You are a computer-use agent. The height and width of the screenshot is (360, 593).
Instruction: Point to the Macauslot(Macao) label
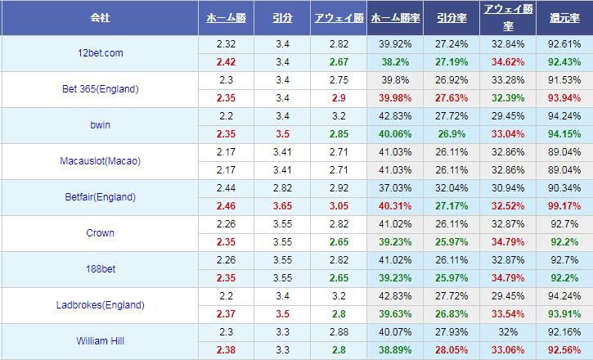click(101, 161)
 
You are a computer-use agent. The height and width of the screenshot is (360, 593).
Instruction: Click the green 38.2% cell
click(396, 62)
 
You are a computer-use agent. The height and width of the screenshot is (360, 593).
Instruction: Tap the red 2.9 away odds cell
click(339, 98)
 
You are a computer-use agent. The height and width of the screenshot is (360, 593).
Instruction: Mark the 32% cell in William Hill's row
click(508, 332)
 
